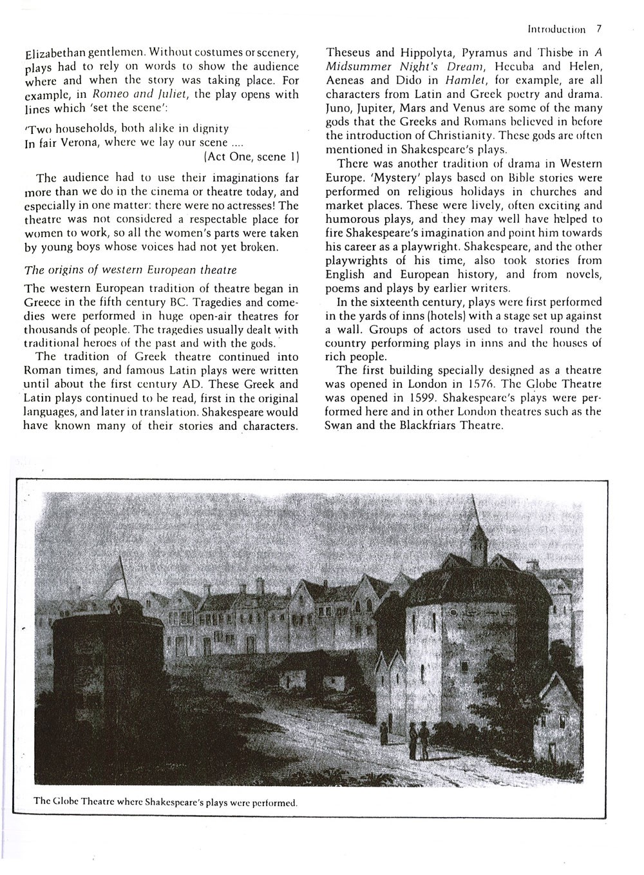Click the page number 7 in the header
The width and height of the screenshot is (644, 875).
pos(599,29)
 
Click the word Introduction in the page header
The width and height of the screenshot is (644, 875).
pos(556,30)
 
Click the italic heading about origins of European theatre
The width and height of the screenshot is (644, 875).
pos(130,269)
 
